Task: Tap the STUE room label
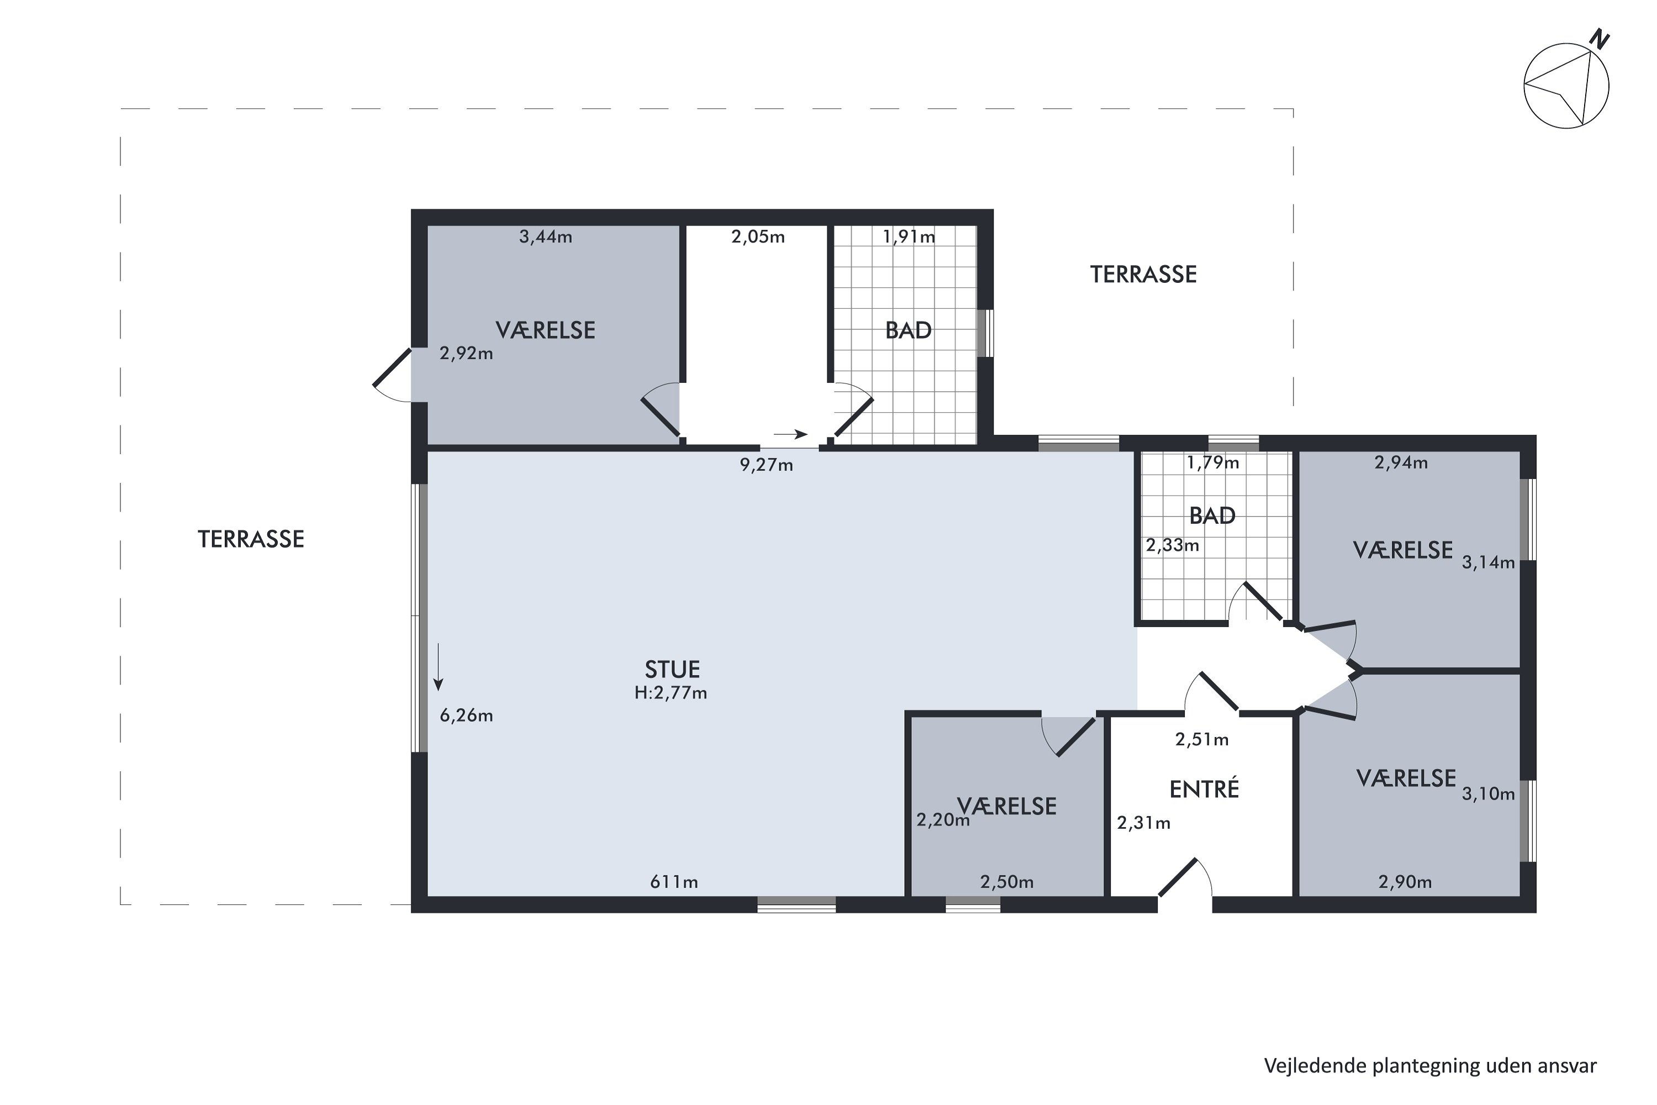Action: pyautogui.click(x=672, y=669)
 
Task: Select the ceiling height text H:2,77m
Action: pyautogui.click(x=671, y=693)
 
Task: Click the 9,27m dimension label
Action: pyautogui.click(x=767, y=465)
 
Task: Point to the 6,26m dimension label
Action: pyautogui.click(x=466, y=716)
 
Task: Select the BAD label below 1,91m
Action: pyautogui.click(x=908, y=330)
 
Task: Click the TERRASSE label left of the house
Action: pyautogui.click(x=251, y=539)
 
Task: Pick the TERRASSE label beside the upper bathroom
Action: pyautogui.click(x=1143, y=275)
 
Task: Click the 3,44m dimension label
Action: pyautogui.click(x=546, y=237)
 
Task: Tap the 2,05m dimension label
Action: pyautogui.click(x=758, y=237)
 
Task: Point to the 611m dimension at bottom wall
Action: pyautogui.click(x=674, y=882)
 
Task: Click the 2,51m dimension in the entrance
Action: pyautogui.click(x=1202, y=739)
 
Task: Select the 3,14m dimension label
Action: pyautogui.click(x=1488, y=562)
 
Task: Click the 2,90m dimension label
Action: pyautogui.click(x=1405, y=882)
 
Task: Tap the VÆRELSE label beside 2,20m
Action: pyautogui.click(x=1007, y=806)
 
